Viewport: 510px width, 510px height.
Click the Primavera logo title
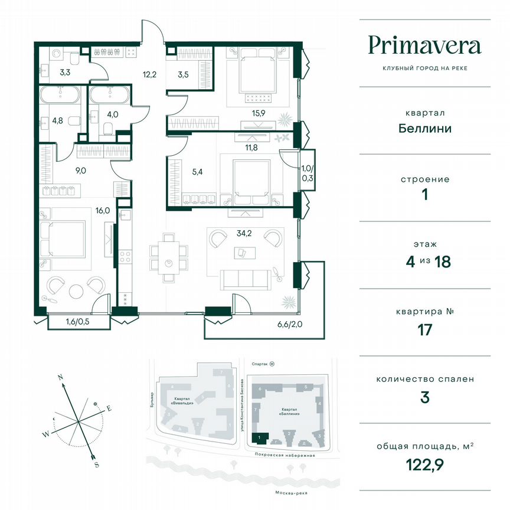[x=424, y=45]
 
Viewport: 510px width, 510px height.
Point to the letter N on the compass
[x=60, y=375]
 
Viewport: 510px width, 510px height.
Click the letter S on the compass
[x=96, y=465]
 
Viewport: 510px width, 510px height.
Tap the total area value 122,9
[x=424, y=464]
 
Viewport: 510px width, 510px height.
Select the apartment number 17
[x=424, y=329]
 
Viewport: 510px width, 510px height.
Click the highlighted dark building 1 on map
[x=260, y=437]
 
